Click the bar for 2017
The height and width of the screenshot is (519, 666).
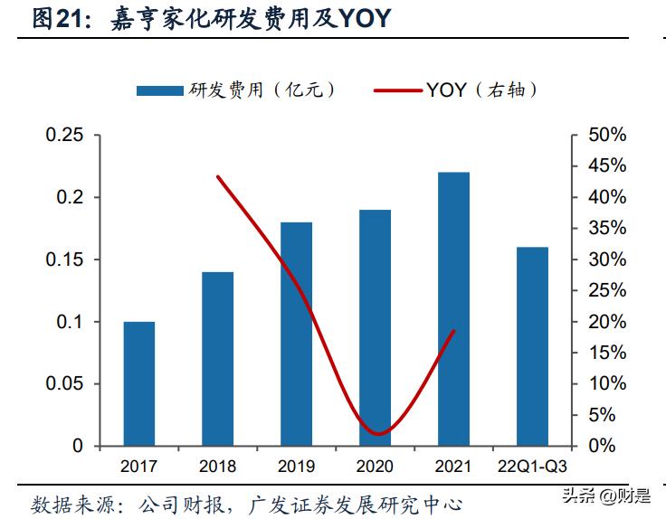139,383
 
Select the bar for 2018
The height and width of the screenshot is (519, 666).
217,358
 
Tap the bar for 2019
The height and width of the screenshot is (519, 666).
296,334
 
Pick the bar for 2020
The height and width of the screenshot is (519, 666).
374,327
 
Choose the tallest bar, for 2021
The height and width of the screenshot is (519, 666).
453,308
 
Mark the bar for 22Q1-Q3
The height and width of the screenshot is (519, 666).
532,346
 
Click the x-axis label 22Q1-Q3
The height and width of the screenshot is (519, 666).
532,467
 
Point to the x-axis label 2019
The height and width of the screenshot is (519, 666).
296,467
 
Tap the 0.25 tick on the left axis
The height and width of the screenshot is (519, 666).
64,135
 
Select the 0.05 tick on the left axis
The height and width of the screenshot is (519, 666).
64,384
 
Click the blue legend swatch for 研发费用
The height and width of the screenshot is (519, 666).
159,90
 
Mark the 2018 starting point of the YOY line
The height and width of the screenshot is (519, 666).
218,176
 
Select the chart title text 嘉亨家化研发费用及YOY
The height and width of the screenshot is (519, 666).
241,18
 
